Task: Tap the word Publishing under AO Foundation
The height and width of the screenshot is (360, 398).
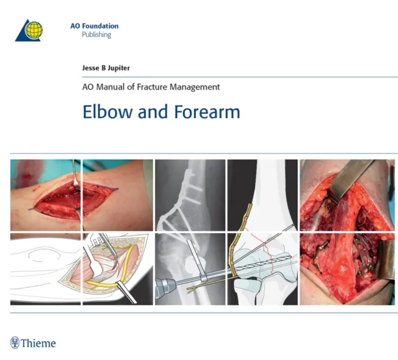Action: point(96,35)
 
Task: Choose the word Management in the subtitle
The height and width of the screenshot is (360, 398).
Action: point(196,88)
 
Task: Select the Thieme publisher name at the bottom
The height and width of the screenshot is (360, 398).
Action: point(39,343)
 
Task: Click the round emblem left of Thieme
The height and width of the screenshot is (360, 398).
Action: point(15,343)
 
